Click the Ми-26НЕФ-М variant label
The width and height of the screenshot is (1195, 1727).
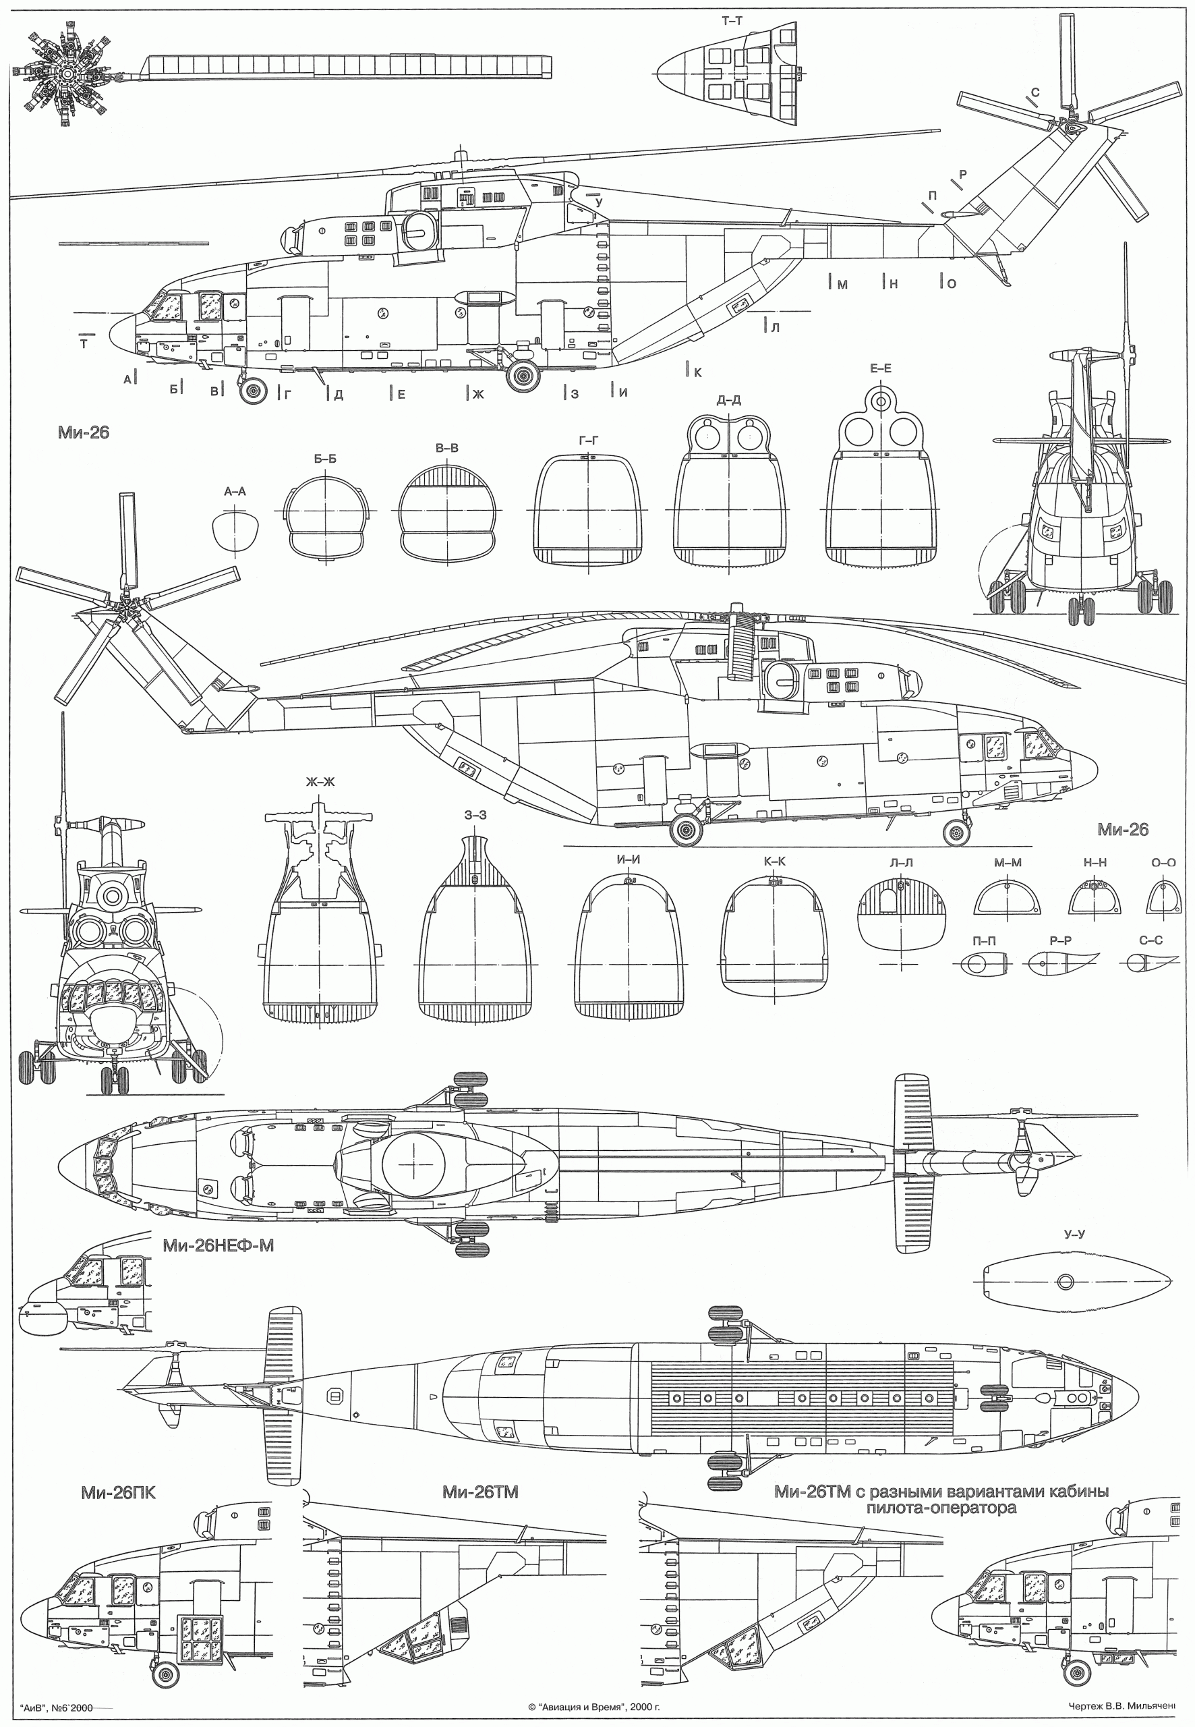[x=218, y=1245]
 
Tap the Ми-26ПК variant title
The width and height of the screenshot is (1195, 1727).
[x=119, y=1493]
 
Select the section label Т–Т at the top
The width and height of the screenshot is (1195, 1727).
[x=732, y=21]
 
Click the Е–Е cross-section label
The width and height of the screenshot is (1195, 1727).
[x=881, y=368]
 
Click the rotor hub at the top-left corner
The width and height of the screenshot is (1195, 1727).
[x=67, y=74]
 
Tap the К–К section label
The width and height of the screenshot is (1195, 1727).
[x=775, y=861]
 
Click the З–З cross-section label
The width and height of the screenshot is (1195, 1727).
[x=475, y=815]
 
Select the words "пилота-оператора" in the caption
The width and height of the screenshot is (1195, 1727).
[x=941, y=1508]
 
